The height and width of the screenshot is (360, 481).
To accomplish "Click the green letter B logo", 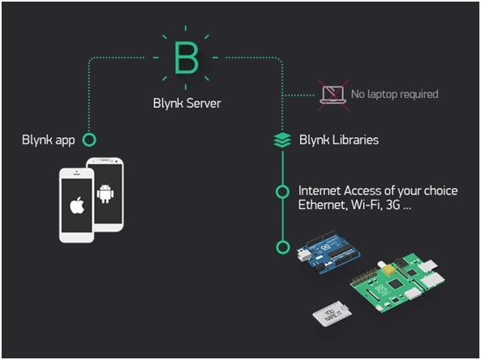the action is tap(187, 58).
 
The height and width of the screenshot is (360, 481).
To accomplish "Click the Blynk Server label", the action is tap(187, 103).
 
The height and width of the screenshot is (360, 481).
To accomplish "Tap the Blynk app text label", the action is tap(49, 140).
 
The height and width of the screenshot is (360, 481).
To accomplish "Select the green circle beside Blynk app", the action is tap(89, 139).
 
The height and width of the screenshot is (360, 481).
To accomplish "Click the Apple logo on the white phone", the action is tap(77, 205).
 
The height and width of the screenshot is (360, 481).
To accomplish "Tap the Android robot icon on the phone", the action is tap(105, 194).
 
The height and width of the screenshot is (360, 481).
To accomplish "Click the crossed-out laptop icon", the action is tap(333, 95).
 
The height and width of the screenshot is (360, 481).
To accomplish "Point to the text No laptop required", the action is tap(394, 94).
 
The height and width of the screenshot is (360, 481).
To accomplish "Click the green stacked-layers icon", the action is tap(282, 140).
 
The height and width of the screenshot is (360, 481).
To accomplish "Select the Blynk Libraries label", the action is tap(339, 139).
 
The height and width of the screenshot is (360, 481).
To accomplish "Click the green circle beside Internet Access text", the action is tap(282, 191).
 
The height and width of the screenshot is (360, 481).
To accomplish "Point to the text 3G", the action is tap(393, 204).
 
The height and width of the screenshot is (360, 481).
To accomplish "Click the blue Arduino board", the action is tap(328, 252).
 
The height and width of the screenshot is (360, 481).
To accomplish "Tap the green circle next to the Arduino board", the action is tap(282, 247).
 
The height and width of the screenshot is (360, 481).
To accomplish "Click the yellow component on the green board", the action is tap(389, 269).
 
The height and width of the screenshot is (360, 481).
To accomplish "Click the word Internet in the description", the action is tap(320, 191).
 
